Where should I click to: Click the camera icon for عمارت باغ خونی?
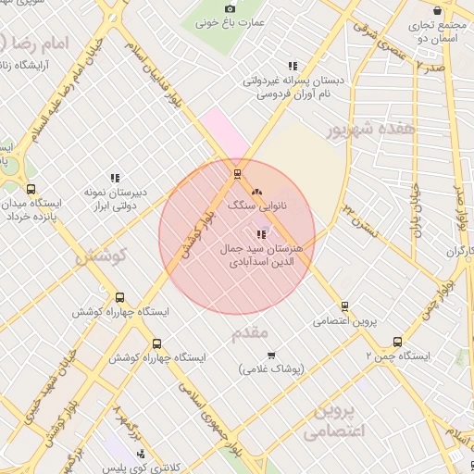click(x=231, y=8)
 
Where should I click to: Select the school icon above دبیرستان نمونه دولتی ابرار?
click(x=116, y=178)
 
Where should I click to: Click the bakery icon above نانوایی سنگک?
click(x=256, y=192)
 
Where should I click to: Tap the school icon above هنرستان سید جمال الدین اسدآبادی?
click(x=260, y=234)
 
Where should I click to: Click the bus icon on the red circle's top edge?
click(x=238, y=173)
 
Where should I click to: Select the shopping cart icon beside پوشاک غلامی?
click(x=271, y=355)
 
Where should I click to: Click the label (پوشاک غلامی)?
click(x=260, y=369)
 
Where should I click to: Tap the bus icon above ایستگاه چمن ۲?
click(x=397, y=341)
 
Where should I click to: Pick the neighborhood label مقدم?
click(x=250, y=331)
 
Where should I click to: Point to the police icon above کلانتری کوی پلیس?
click(x=141, y=454)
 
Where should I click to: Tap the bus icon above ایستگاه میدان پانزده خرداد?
click(x=31, y=189)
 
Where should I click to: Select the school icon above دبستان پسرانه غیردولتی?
click(x=293, y=66)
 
